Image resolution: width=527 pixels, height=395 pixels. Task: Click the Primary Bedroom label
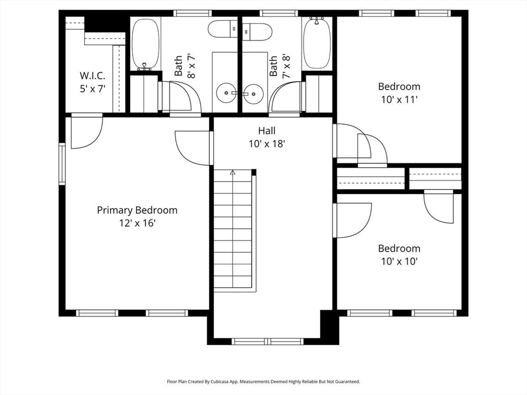coord(137,210)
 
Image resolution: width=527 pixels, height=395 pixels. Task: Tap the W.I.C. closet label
coord(93,76)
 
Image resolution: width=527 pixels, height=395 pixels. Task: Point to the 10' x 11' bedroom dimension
coord(399,99)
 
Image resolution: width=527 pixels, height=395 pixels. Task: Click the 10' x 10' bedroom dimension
coord(399,261)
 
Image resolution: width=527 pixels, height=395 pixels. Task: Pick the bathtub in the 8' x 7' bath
coord(145,44)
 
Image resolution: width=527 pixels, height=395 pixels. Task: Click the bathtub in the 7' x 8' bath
coord(317,43)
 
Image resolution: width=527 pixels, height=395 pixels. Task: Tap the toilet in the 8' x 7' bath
coord(223,29)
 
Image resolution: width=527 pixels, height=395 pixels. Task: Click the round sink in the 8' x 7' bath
coord(226,93)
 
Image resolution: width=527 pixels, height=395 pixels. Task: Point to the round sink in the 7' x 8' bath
coord(253,93)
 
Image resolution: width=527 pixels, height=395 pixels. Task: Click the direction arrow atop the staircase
coord(233,173)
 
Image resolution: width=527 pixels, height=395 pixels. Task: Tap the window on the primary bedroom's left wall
coord(62,164)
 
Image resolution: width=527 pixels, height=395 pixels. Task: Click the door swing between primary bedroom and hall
coord(194,148)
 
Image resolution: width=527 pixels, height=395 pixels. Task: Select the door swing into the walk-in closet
coord(86,131)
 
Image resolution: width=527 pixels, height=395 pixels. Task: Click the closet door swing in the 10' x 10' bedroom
coord(438,207)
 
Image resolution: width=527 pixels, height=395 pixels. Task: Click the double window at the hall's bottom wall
coord(268,342)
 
